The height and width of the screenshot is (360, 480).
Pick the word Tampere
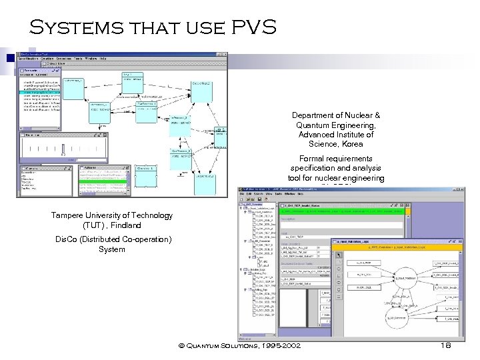tap(67, 215)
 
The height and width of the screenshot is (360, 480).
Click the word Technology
tap(151, 215)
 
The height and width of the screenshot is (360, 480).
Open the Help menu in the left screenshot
tap(103, 58)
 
